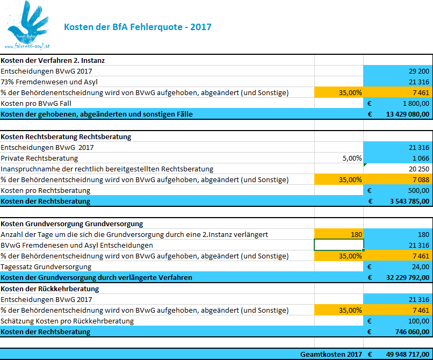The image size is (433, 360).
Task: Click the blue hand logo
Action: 27,25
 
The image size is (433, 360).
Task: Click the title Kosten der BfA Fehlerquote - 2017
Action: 138,27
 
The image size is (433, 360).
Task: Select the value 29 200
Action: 419,71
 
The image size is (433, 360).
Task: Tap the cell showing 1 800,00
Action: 416,104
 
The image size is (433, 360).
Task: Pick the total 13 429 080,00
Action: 408,114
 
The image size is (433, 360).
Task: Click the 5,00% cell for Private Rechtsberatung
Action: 352,159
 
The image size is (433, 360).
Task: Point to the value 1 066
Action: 421,159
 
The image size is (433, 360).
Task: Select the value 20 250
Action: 419,169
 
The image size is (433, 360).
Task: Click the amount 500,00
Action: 418,191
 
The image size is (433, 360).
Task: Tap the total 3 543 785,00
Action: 409,201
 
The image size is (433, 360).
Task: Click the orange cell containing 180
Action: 339,235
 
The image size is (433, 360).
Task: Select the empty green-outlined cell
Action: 339,245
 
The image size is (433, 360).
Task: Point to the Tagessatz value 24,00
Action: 421,267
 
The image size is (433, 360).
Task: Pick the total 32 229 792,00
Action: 408,278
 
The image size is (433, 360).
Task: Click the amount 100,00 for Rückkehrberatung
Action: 418,321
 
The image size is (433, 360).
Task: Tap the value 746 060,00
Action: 412,332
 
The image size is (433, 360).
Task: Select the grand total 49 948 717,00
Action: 408,354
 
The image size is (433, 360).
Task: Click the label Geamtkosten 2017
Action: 331,354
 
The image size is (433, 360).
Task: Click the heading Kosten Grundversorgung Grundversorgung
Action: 72,224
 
